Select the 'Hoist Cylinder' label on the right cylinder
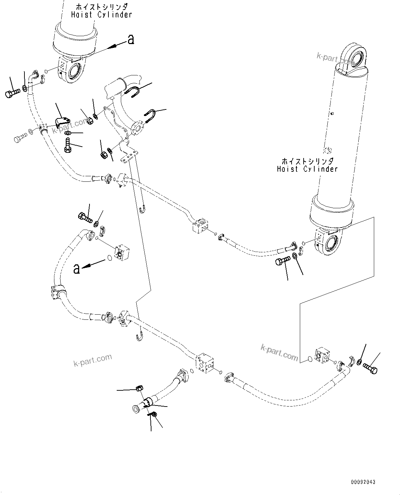[307, 169]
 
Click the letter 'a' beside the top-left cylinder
[130, 40]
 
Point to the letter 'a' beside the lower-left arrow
[77, 268]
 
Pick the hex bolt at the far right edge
[370, 370]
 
